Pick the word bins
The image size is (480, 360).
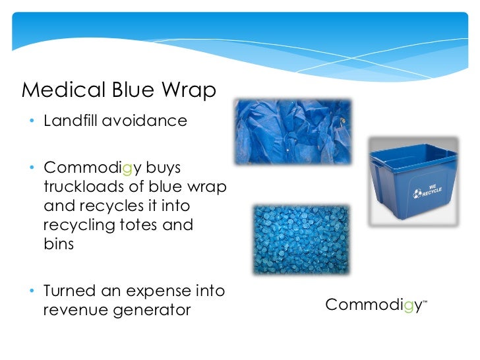tap(57, 244)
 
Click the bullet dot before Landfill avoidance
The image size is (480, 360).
tap(32, 122)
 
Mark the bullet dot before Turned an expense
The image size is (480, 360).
tap(32, 290)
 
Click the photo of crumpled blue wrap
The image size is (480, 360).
tap(292, 133)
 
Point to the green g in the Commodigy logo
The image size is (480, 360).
tap(409, 306)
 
